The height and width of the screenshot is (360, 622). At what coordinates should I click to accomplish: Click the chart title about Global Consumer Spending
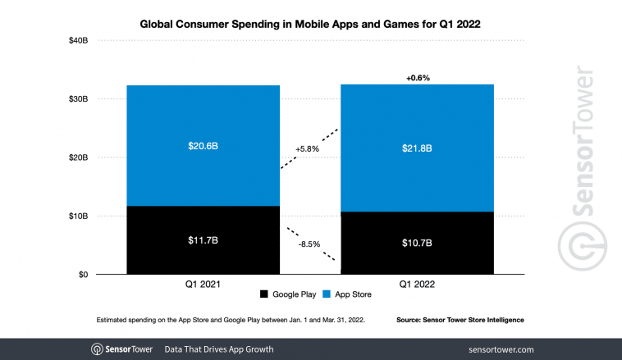point(311,25)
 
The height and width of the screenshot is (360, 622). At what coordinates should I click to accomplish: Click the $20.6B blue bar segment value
point(203,145)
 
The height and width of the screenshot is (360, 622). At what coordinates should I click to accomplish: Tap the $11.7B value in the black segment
point(203,241)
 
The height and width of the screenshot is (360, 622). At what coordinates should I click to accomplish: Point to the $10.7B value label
point(417,244)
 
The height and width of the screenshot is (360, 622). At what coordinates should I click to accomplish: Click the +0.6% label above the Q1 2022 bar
point(417,78)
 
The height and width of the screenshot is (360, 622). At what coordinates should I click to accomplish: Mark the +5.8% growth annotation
point(307,149)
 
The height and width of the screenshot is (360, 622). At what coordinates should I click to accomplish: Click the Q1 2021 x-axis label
point(203,285)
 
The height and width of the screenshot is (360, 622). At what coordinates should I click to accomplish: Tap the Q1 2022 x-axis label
point(417,285)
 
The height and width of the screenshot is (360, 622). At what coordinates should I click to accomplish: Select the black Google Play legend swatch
point(264,294)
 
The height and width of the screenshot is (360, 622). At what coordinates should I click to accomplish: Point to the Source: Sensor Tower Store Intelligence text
point(460,318)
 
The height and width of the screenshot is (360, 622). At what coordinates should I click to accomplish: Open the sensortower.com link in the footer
point(501,349)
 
